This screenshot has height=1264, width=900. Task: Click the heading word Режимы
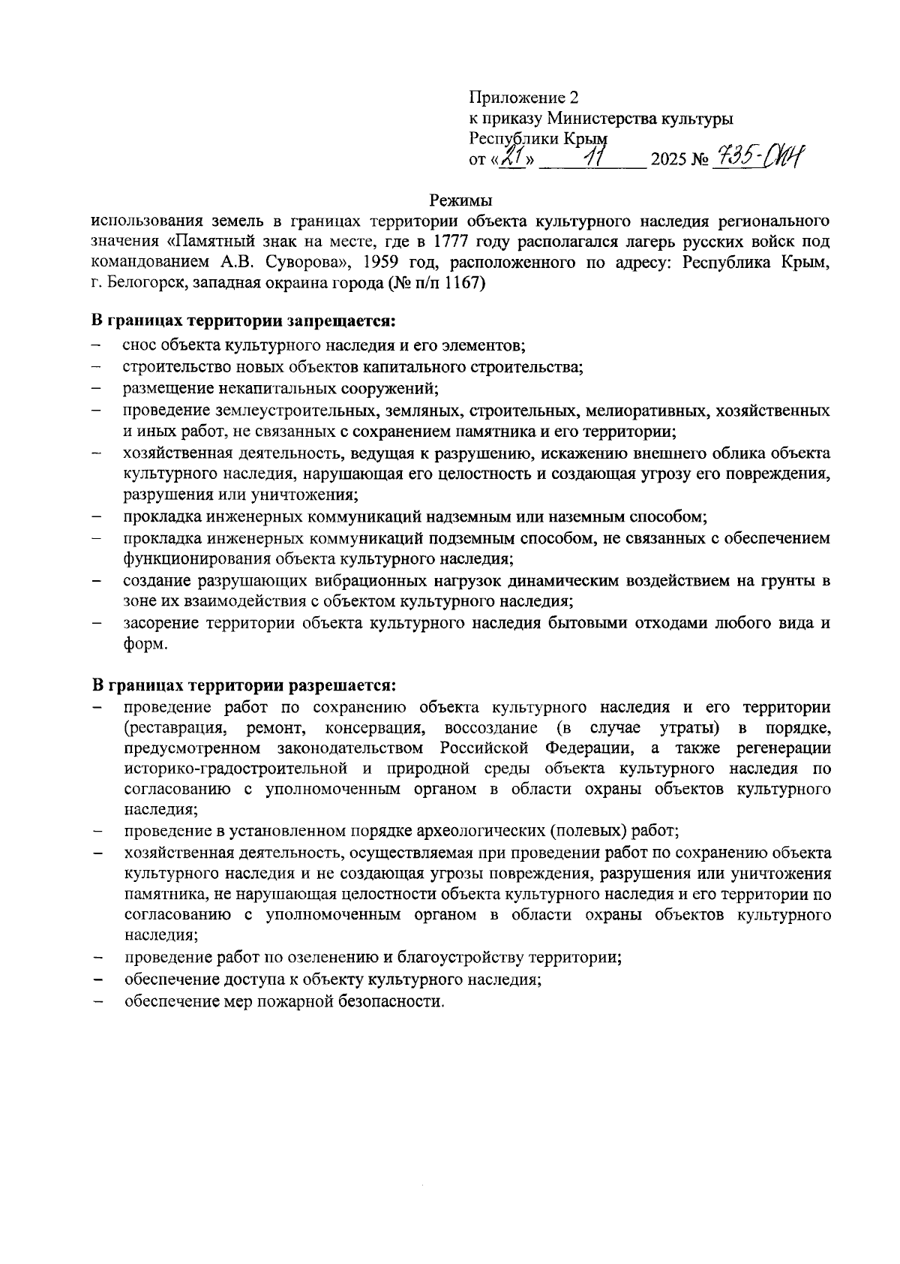tap(460, 201)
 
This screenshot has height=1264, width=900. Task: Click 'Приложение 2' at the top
tap(523, 98)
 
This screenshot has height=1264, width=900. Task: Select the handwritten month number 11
tap(596, 158)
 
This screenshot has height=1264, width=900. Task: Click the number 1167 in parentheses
tap(462, 284)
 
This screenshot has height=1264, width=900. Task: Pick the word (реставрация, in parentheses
tap(175, 728)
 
